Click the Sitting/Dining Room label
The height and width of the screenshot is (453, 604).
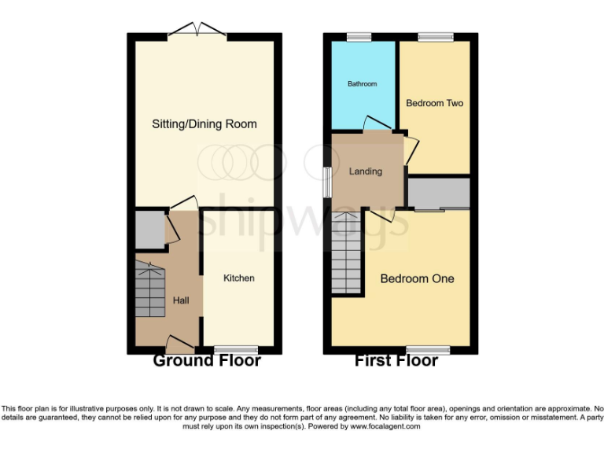tap(204, 124)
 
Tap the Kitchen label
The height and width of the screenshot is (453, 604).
tap(238, 278)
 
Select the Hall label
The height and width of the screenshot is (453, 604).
tap(181, 300)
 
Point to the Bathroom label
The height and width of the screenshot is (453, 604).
tap(363, 84)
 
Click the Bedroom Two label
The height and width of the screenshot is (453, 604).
tap(434, 103)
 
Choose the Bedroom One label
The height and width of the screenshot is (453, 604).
tap(417, 278)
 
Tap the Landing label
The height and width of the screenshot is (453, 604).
tap(366, 171)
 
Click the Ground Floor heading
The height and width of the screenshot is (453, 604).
tap(206, 361)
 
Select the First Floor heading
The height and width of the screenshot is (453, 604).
tap(396, 361)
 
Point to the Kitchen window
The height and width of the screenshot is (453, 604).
tap(236, 349)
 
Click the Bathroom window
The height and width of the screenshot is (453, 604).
tap(359, 36)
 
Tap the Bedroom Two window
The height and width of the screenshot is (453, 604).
tap(435, 36)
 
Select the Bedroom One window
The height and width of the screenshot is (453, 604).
tap(428, 349)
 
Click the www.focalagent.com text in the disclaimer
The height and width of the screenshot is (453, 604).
tap(385, 427)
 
